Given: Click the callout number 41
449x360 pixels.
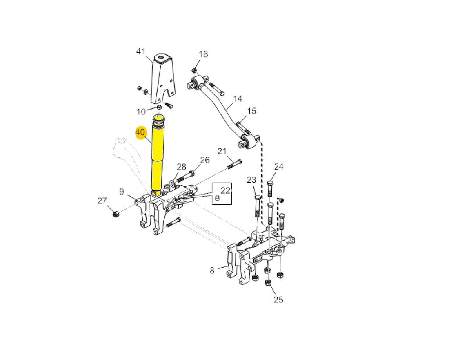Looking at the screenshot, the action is pyautogui.click(x=140, y=51).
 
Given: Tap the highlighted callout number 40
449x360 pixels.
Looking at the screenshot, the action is pyautogui.click(x=140, y=132).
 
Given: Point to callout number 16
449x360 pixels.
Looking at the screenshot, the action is pyautogui.click(x=203, y=54).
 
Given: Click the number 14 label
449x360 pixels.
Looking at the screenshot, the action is pyautogui.click(x=238, y=99).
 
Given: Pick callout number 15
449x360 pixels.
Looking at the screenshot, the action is pyautogui.click(x=252, y=111).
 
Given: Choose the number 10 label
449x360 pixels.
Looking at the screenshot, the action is pyautogui.click(x=141, y=112).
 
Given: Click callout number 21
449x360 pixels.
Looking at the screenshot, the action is pyautogui.click(x=222, y=151).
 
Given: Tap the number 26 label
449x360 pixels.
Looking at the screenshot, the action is pyautogui.click(x=205, y=160).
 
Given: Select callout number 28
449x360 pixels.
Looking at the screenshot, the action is pyautogui.click(x=182, y=167).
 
